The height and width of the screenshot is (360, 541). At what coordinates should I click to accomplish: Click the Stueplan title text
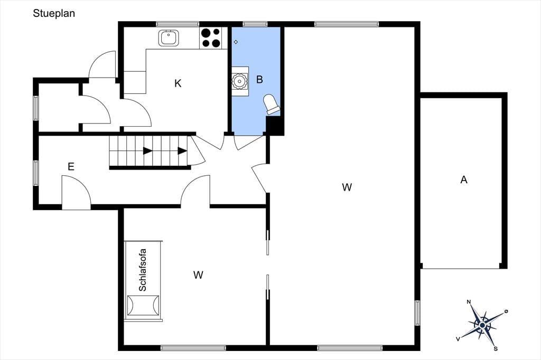54,13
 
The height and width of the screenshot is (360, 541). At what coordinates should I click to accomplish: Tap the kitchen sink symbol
169,37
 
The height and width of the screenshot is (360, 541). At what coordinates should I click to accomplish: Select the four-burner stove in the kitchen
211,38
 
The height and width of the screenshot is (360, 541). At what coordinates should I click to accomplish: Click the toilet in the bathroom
272,104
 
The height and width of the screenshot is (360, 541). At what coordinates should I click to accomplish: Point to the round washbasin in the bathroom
239,81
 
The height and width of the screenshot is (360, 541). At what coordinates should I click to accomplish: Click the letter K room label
178,83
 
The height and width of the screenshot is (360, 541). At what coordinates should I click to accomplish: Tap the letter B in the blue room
259,80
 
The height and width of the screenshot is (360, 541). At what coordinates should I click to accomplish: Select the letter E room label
71,167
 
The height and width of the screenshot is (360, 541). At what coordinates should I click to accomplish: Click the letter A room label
464,179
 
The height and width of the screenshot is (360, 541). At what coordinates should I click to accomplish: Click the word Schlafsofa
143,270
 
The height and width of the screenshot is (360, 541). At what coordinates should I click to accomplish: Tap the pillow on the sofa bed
143,305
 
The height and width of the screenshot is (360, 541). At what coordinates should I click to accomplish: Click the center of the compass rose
482,325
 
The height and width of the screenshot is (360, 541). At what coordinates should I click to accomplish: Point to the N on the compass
469,302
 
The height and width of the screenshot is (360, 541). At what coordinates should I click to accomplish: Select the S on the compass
496,348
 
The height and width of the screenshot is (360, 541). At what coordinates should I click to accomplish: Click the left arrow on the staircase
148,150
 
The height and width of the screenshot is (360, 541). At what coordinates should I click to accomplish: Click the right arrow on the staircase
182,150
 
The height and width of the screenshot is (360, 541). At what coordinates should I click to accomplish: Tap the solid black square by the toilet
275,126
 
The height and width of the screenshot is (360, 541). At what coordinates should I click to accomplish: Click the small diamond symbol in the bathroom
236,42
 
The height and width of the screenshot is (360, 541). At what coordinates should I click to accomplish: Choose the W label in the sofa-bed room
198,275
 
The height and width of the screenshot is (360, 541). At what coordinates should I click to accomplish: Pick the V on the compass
458,339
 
